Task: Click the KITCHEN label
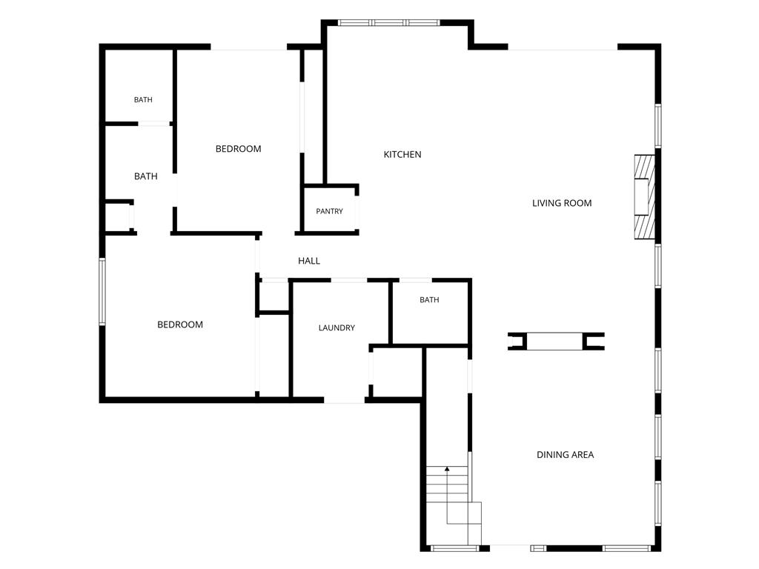tap(402, 154)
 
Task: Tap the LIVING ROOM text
tap(562, 203)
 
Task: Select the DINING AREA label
tap(565, 454)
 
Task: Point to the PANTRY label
tap(329, 211)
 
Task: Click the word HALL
tap(309, 261)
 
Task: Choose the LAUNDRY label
tap(337, 327)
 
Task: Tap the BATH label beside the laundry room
tap(429, 300)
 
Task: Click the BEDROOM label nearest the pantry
tap(238, 148)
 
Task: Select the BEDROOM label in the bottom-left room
tap(180, 325)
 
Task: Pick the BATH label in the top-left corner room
tap(143, 100)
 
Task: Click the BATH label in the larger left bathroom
tap(146, 176)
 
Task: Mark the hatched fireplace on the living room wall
tap(645, 196)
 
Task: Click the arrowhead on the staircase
tap(447, 469)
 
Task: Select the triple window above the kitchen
tap(388, 22)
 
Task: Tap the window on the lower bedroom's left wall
tap(102, 292)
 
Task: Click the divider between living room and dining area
tap(556, 341)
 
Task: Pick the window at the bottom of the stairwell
tap(454, 548)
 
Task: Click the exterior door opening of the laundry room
tap(344, 400)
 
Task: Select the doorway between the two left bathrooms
tap(154, 124)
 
